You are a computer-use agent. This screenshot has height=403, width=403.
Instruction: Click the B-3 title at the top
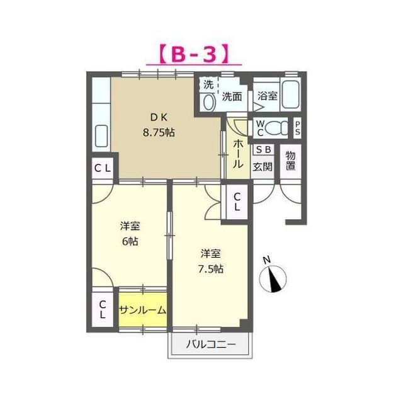[x=193, y=54]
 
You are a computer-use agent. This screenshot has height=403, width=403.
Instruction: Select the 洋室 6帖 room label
[x=130, y=233]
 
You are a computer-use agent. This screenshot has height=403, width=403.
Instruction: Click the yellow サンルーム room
[x=143, y=310]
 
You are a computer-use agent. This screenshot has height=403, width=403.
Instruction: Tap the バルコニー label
[x=210, y=345]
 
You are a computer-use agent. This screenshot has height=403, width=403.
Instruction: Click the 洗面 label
[x=232, y=96]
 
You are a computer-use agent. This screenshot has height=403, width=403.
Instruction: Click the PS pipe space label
[x=297, y=128]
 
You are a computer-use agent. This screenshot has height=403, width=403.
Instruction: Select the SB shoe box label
[x=263, y=150]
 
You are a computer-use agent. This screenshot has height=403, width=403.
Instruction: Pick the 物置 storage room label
[x=291, y=161]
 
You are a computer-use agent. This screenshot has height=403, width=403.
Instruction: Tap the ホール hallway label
[x=239, y=152]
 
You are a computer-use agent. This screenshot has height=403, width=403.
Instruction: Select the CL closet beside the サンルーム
[x=102, y=309]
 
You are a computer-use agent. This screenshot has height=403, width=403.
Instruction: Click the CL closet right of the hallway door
[x=237, y=201]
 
